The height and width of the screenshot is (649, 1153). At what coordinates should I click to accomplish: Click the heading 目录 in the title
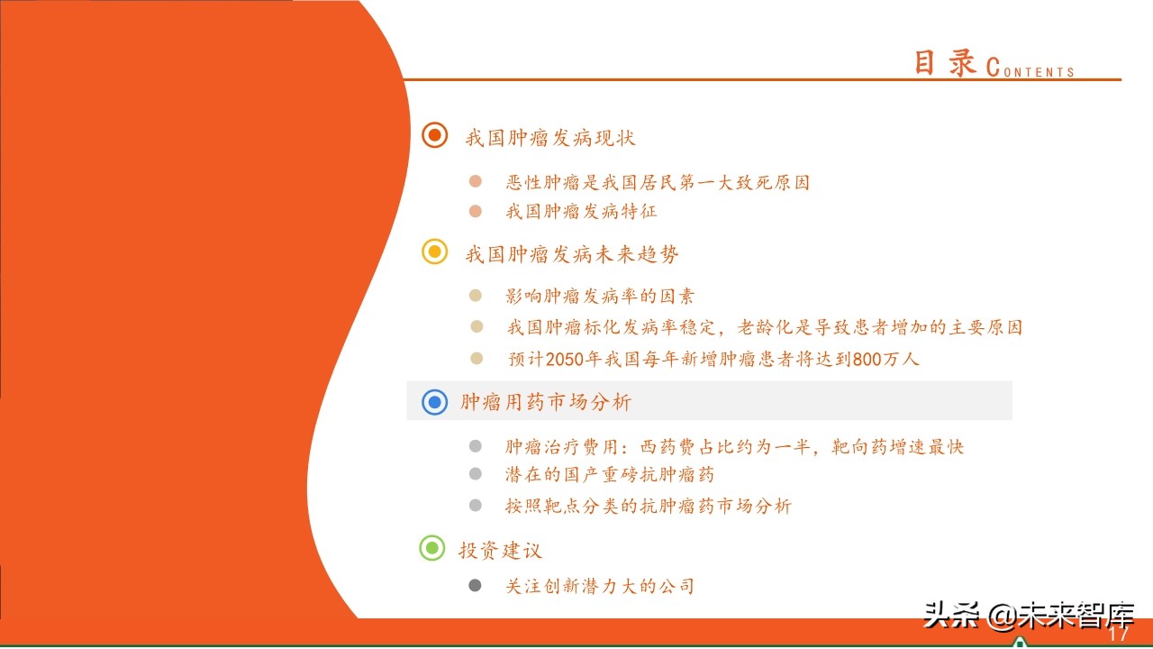(945, 63)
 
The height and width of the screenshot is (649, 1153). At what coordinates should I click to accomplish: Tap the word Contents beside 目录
(1031, 69)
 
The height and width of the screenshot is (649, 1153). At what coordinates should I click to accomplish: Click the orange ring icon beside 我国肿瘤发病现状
(435, 135)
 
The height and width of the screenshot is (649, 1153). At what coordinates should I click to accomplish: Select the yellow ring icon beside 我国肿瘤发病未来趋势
(435, 252)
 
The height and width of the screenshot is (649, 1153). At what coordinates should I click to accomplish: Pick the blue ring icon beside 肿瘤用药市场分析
(435, 402)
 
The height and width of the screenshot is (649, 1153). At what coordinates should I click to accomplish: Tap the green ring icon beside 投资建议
(432, 547)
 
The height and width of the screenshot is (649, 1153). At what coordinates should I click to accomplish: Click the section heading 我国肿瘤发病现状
(550, 138)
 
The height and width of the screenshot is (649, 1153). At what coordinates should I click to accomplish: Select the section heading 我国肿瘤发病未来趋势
(572, 255)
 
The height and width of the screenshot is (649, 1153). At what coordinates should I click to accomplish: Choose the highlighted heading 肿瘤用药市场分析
(546, 402)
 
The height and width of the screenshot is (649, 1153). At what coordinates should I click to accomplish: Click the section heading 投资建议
(500, 550)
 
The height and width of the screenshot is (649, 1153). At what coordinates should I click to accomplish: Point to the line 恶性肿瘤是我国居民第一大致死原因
(658, 182)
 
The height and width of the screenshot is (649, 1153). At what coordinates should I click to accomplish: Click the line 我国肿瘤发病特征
(581, 212)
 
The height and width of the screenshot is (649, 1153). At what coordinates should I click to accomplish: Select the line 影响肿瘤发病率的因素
(600, 296)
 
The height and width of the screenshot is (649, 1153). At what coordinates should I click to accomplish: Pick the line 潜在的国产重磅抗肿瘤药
(610, 474)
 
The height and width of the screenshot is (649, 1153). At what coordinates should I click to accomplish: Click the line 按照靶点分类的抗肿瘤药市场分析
(648, 506)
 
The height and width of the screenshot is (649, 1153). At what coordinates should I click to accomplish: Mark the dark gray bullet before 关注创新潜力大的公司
(475, 586)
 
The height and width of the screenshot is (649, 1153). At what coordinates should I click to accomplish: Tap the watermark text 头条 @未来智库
(1028, 616)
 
